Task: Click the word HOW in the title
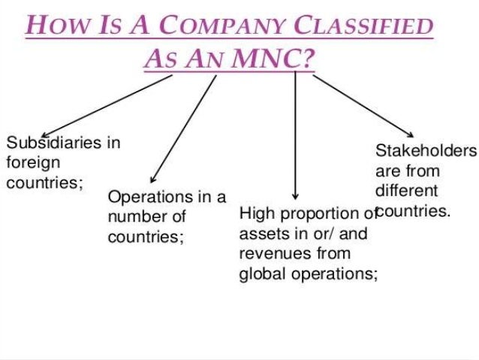[54, 27]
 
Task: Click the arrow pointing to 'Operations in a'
[184, 127]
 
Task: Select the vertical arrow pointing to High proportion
[296, 135]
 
